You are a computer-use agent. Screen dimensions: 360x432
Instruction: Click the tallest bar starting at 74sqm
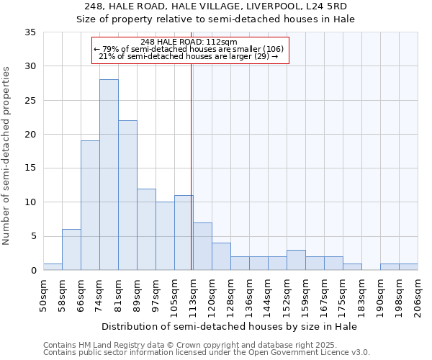(109, 175)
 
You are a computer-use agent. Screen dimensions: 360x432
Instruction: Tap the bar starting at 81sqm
(127, 195)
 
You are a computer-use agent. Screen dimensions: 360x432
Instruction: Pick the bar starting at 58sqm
(71, 250)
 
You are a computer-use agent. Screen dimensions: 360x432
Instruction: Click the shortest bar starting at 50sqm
(53, 266)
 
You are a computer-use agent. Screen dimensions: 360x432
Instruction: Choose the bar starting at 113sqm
(202, 246)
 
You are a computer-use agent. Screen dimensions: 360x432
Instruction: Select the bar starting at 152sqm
(296, 260)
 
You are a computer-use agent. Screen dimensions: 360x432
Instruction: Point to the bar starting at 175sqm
(352, 266)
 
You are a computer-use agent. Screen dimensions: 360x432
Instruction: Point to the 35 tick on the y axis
(31, 32)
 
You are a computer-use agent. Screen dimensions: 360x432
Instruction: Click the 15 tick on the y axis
(31, 168)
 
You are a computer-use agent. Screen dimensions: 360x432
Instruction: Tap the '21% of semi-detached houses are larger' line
(188, 56)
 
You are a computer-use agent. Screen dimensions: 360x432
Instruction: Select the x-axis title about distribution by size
(230, 326)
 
